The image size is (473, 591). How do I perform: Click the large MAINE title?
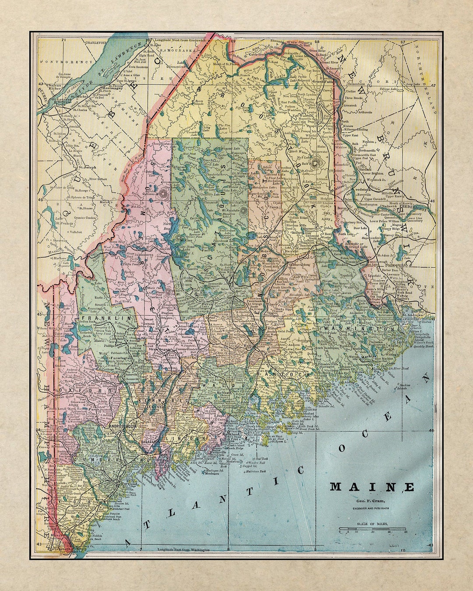tap(372, 487)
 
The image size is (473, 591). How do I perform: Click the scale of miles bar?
tap(372, 529)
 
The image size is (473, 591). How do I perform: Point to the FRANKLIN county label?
tap(104, 319)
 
